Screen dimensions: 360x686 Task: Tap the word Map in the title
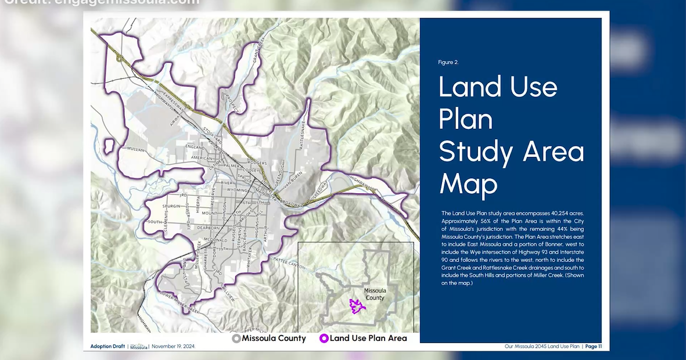point(468,184)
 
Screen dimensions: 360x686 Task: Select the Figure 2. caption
point(448,62)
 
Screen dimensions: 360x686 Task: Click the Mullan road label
point(135,149)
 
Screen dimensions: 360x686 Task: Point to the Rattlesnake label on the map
point(303,135)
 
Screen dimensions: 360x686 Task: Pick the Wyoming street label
point(232,190)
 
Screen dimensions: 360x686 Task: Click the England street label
point(195,147)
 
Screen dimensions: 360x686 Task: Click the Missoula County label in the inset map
point(375,294)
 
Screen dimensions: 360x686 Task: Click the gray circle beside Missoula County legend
point(236,339)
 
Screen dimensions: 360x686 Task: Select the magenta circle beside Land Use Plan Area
point(324,339)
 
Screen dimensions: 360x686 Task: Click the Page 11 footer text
point(593,347)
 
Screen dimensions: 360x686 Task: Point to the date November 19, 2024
point(173,347)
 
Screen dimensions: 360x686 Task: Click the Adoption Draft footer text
point(107,347)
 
